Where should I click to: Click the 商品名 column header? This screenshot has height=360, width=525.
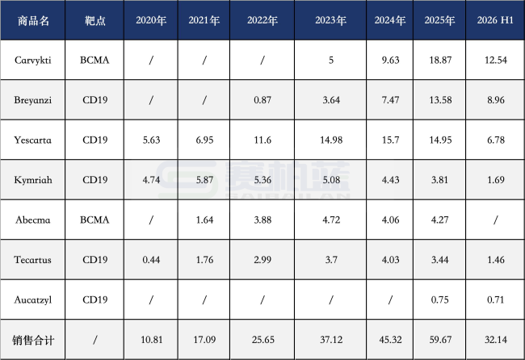point(33,20)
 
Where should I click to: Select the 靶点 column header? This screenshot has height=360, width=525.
point(95,20)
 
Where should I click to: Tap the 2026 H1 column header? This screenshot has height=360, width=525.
point(495,20)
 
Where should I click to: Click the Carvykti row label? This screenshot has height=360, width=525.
point(33,61)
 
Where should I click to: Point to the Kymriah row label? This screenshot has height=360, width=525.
point(33,180)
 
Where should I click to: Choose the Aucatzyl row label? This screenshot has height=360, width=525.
point(33,299)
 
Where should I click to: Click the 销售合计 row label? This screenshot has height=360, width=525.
point(33,341)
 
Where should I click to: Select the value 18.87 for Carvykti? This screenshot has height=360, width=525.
point(440,61)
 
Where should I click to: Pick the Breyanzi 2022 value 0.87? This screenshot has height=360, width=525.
point(262,100)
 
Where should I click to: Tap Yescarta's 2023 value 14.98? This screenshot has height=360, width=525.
point(331,140)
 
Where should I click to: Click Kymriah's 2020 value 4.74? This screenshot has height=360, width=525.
point(151,180)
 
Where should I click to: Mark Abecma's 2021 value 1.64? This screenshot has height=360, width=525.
point(204,220)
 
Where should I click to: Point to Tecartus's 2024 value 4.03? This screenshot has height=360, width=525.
point(390,260)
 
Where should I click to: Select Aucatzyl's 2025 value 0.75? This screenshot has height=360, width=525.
point(440,299)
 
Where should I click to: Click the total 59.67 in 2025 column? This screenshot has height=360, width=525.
point(440,340)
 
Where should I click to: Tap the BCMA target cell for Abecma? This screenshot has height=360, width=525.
point(94,220)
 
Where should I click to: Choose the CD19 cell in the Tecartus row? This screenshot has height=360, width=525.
point(95,260)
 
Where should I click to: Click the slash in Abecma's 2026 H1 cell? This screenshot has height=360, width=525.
point(496,220)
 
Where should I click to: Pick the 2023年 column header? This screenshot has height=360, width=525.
point(331,20)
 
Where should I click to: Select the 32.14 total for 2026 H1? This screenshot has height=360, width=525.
point(496,340)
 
